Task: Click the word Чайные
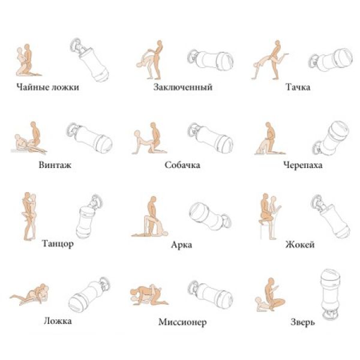coord(32,87)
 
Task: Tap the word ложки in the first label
coord(65,87)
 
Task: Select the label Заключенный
coord(183,87)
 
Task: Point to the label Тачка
coord(298,87)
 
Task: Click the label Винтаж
coord(55,165)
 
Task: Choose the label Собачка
coord(182,165)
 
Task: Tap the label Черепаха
coord(302,165)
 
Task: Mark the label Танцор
coord(58,244)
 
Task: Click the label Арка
coord(181,245)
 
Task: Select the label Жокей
coord(300,244)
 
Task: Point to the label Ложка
coord(58,321)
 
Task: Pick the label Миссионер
coord(182,322)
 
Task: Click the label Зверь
coord(302,322)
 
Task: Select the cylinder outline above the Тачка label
coord(331,60)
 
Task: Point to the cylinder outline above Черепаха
coord(331,138)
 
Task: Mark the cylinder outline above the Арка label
coord(211,216)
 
